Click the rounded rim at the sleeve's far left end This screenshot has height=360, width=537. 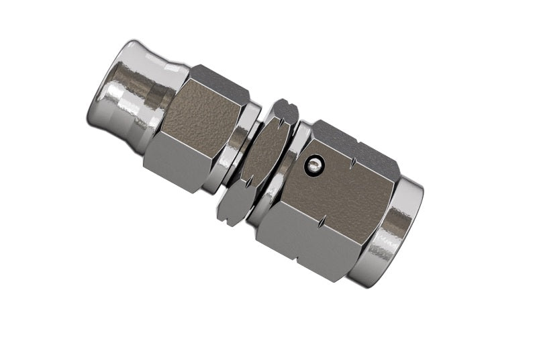[101, 87]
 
